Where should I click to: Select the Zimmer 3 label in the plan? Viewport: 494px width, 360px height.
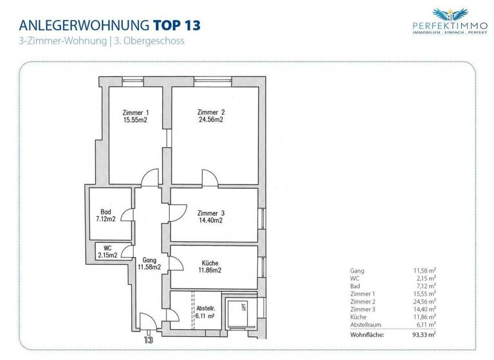coord(210,213)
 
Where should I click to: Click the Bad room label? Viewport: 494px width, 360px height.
coord(105,212)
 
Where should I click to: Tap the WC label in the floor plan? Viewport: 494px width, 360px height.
coord(107,247)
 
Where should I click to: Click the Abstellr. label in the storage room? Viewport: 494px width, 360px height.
coord(206,309)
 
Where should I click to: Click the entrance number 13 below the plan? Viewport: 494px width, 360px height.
coord(149,339)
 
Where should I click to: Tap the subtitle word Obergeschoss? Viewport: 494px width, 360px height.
coord(160,40)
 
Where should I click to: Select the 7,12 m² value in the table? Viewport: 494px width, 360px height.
coord(425,286)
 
